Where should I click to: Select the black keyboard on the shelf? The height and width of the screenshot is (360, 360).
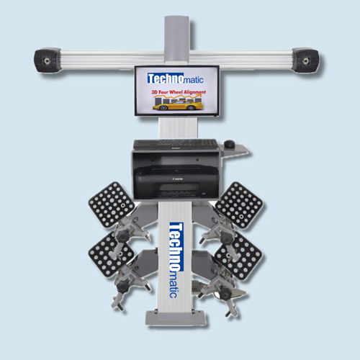coord(176,143)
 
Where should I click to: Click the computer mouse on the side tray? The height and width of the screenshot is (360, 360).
coord(230,144)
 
